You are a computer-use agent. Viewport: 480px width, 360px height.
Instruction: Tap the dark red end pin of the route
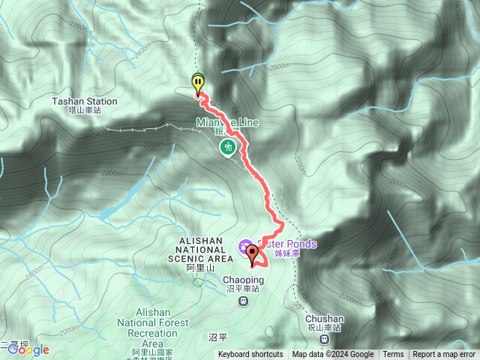252,253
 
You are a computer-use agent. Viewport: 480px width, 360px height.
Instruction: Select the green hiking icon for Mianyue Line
227,148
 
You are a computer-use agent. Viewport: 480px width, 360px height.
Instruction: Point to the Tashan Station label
85,101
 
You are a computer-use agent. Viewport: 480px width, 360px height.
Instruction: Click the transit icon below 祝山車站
324,339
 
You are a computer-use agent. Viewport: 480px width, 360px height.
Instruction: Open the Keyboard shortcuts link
250,355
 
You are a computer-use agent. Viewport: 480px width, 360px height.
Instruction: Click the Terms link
392,355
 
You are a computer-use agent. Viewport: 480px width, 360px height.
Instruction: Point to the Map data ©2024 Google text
333,355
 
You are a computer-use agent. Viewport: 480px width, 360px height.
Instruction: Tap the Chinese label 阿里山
200,268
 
